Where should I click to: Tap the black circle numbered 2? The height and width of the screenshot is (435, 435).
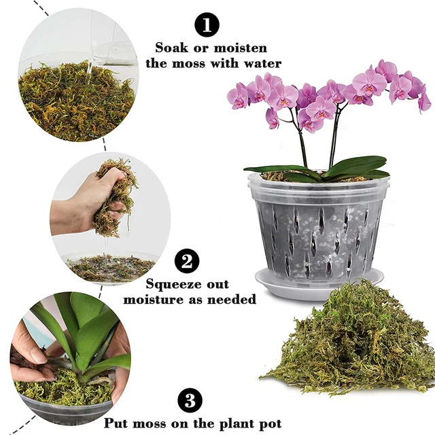(187, 262)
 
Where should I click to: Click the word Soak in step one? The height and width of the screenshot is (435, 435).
(171, 48)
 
